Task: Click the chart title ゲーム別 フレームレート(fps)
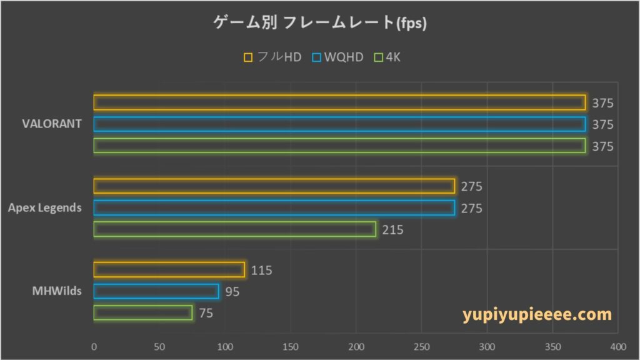pyautogui.click(x=320, y=23)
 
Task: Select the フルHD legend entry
pyautogui.click(x=273, y=57)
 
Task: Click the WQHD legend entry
pyautogui.click(x=338, y=57)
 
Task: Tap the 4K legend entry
pyautogui.click(x=387, y=57)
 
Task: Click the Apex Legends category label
pyautogui.click(x=44, y=207)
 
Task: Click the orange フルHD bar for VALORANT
pyautogui.click(x=339, y=102)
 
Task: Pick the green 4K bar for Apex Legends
pyautogui.click(x=234, y=229)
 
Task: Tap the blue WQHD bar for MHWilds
pyautogui.click(x=156, y=291)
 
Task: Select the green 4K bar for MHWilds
pyautogui.click(x=142, y=312)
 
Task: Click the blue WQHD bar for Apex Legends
pyautogui.click(x=274, y=207)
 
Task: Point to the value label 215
pyautogui.click(x=393, y=230)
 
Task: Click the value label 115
pyautogui.click(x=261, y=271)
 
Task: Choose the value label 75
pyautogui.click(x=206, y=313)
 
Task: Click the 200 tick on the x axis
pyautogui.click(x=356, y=346)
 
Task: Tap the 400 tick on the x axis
pyautogui.click(x=617, y=346)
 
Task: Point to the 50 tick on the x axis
pyautogui.click(x=159, y=346)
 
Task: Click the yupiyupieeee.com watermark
pyautogui.click(x=537, y=314)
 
